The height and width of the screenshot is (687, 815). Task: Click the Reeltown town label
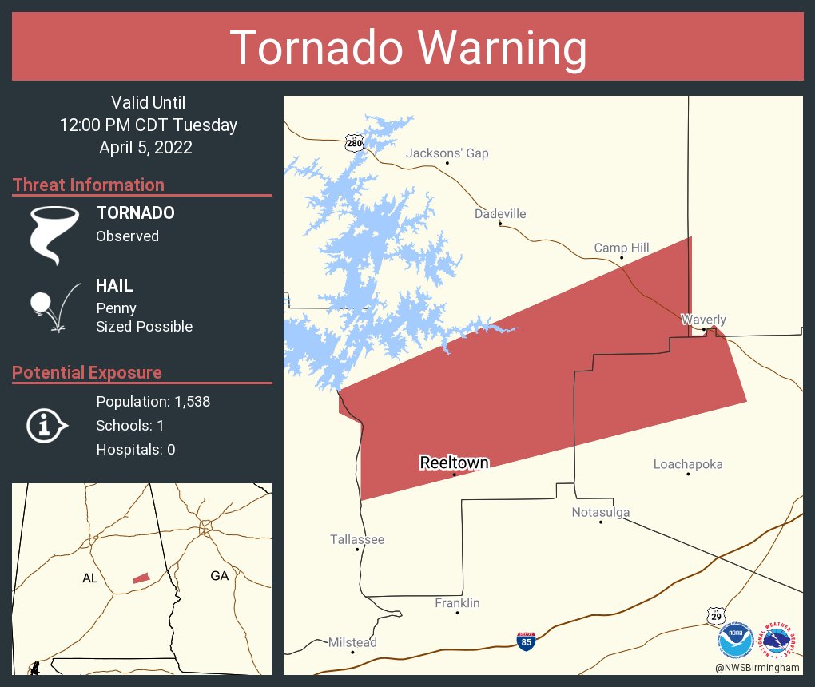(454, 463)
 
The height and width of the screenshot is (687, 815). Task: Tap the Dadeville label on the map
(500, 214)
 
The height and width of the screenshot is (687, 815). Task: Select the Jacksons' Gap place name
(447, 153)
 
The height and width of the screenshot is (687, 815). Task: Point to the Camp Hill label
(621, 248)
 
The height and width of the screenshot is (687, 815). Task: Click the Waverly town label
(703, 320)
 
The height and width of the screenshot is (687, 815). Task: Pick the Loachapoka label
(687, 464)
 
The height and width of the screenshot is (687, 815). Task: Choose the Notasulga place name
(600, 512)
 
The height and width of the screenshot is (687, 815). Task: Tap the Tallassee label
(357, 539)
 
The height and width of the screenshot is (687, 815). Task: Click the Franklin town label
(457, 603)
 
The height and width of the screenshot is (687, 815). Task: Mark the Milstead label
(352, 642)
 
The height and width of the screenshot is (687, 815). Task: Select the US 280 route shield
(355, 143)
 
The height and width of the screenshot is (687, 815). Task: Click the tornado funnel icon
(54, 233)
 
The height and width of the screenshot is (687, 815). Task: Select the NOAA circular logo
(735, 640)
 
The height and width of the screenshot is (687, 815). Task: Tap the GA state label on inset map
(219, 575)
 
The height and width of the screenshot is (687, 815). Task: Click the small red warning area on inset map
(141, 578)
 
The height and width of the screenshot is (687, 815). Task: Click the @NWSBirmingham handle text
(757, 667)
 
